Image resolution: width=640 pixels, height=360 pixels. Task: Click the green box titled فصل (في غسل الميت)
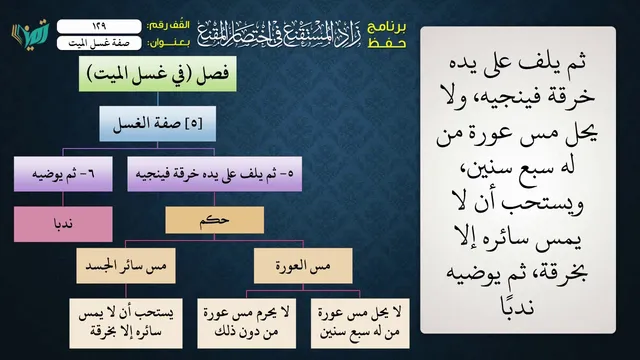[x=158, y=74]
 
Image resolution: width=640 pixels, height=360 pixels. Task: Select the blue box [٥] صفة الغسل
[x=158, y=124]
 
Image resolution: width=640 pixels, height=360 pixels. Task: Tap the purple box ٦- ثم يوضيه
[x=63, y=174]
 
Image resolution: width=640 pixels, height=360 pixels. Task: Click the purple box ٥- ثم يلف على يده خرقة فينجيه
[x=215, y=174]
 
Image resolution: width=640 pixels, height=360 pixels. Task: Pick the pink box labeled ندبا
[x=63, y=224]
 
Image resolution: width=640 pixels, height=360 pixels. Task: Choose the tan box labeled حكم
[x=215, y=220]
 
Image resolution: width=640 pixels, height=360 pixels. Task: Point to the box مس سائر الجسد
[x=126, y=266]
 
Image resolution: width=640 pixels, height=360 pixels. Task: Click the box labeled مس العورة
[x=303, y=266]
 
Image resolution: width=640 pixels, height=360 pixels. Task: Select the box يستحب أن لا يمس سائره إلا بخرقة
[x=126, y=323]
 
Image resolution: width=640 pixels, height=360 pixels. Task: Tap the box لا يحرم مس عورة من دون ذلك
[x=247, y=323]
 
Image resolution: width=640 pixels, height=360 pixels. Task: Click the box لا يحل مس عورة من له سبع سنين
[x=360, y=323]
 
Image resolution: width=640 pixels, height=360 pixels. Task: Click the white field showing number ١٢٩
[x=99, y=26]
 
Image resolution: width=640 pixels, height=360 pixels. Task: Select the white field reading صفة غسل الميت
[x=99, y=43]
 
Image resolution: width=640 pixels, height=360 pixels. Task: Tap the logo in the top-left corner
[x=30, y=34]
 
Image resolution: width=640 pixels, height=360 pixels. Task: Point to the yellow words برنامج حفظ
[x=387, y=35]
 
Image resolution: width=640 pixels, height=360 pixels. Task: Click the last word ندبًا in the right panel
[x=517, y=305]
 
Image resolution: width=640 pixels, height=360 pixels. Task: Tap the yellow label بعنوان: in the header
[x=169, y=43]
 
